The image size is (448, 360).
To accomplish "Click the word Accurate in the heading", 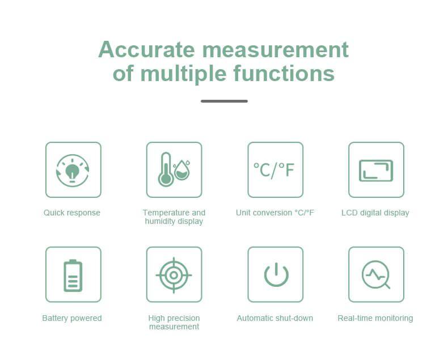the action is tap(146, 50).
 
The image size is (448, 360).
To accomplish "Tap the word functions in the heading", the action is tap(284, 74).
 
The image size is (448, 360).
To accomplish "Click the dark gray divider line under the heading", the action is tap(225, 101).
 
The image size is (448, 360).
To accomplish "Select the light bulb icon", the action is tap(72, 172).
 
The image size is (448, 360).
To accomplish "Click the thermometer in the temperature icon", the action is tap(166, 170).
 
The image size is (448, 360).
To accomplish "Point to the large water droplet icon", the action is tap(181, 170).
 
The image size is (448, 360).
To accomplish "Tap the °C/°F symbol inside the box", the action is tap(274, 170).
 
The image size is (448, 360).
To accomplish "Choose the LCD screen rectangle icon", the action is tap(376, 171).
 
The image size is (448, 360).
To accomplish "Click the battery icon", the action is tap(73, 276).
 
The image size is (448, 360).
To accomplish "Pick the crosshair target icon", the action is tap(174, 276).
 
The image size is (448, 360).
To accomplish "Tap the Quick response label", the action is tap(72, 213).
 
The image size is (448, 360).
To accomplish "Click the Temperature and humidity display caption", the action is tap(174, 217).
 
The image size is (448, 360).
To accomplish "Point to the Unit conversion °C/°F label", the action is tap(275, 213).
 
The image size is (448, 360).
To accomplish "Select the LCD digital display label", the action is tap(375, 213).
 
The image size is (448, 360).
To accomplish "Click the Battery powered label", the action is tap(72, 318).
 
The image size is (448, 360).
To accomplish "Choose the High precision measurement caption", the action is tap(174, 322).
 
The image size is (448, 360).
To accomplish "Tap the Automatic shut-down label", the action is tap(275, 318).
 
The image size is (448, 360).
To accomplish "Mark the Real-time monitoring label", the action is tap(375, 318).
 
